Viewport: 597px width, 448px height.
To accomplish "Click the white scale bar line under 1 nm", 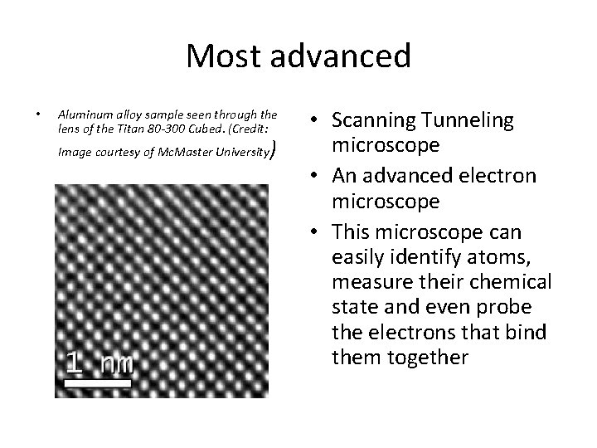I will [98, 384].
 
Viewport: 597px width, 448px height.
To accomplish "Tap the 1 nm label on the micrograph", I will [99, 363].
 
